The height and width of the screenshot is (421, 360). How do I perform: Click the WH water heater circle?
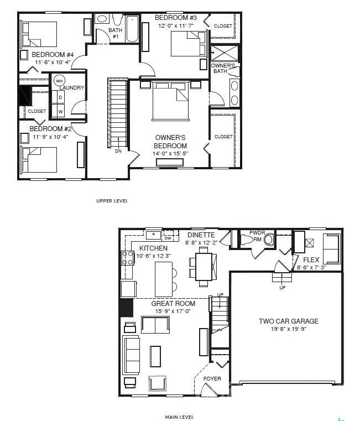(59, 81)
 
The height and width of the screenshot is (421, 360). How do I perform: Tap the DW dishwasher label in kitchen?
(168, 238)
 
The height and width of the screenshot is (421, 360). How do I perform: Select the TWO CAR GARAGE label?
(289, 321)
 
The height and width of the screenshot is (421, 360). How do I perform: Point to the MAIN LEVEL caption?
(179, 417)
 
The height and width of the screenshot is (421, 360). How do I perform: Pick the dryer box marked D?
(60, 97)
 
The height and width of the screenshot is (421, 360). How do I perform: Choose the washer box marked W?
(60, 111)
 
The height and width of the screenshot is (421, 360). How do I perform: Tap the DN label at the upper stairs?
(118, 150)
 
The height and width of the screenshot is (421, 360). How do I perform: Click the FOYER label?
(212, 379)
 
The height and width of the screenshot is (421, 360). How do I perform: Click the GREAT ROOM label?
(173, 303)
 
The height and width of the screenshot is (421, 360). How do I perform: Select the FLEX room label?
(312, 259)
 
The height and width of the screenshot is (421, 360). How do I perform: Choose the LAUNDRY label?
(72, 88)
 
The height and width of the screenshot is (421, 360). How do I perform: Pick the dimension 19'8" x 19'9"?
(288, 330)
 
